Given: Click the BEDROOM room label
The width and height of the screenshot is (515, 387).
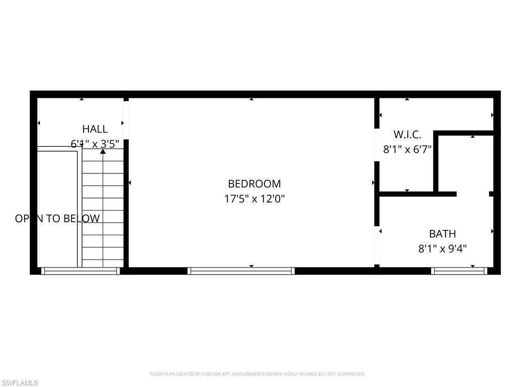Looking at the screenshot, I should tap(254, 184).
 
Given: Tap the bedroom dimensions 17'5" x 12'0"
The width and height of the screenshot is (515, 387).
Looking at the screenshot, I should tap(254, 199).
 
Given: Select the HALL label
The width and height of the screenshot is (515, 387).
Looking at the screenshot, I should tap(95, 129).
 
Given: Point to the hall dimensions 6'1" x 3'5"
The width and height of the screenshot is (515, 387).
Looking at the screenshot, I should tap(95, 144).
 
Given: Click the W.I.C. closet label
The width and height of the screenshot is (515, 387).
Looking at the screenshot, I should tap(407, 135).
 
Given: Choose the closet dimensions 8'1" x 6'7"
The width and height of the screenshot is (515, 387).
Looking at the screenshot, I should tap(407, 150).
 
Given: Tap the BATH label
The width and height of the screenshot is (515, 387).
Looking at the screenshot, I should tap(443, 234).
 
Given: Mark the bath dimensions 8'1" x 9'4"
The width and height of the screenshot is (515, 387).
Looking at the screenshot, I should tap(443, 248).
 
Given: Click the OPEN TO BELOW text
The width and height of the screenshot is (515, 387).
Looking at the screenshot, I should tap(57, 219).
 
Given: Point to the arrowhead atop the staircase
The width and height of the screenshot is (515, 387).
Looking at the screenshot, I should tap(103, 151).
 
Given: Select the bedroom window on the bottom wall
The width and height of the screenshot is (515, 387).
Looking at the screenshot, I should tap(241, 271).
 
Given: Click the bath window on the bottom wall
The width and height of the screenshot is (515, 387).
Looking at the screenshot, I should tap(459, 271).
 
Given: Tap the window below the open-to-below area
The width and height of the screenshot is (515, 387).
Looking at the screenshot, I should tap(80, 271).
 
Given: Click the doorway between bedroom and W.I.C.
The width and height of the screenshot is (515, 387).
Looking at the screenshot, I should tap(377, 146).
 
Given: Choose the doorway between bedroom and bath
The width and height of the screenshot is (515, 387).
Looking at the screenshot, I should tap(377, 245).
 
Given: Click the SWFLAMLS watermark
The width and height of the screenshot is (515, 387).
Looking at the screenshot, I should tap(20, 383).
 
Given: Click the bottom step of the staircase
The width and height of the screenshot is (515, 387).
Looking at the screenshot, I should tap(103, 263).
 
